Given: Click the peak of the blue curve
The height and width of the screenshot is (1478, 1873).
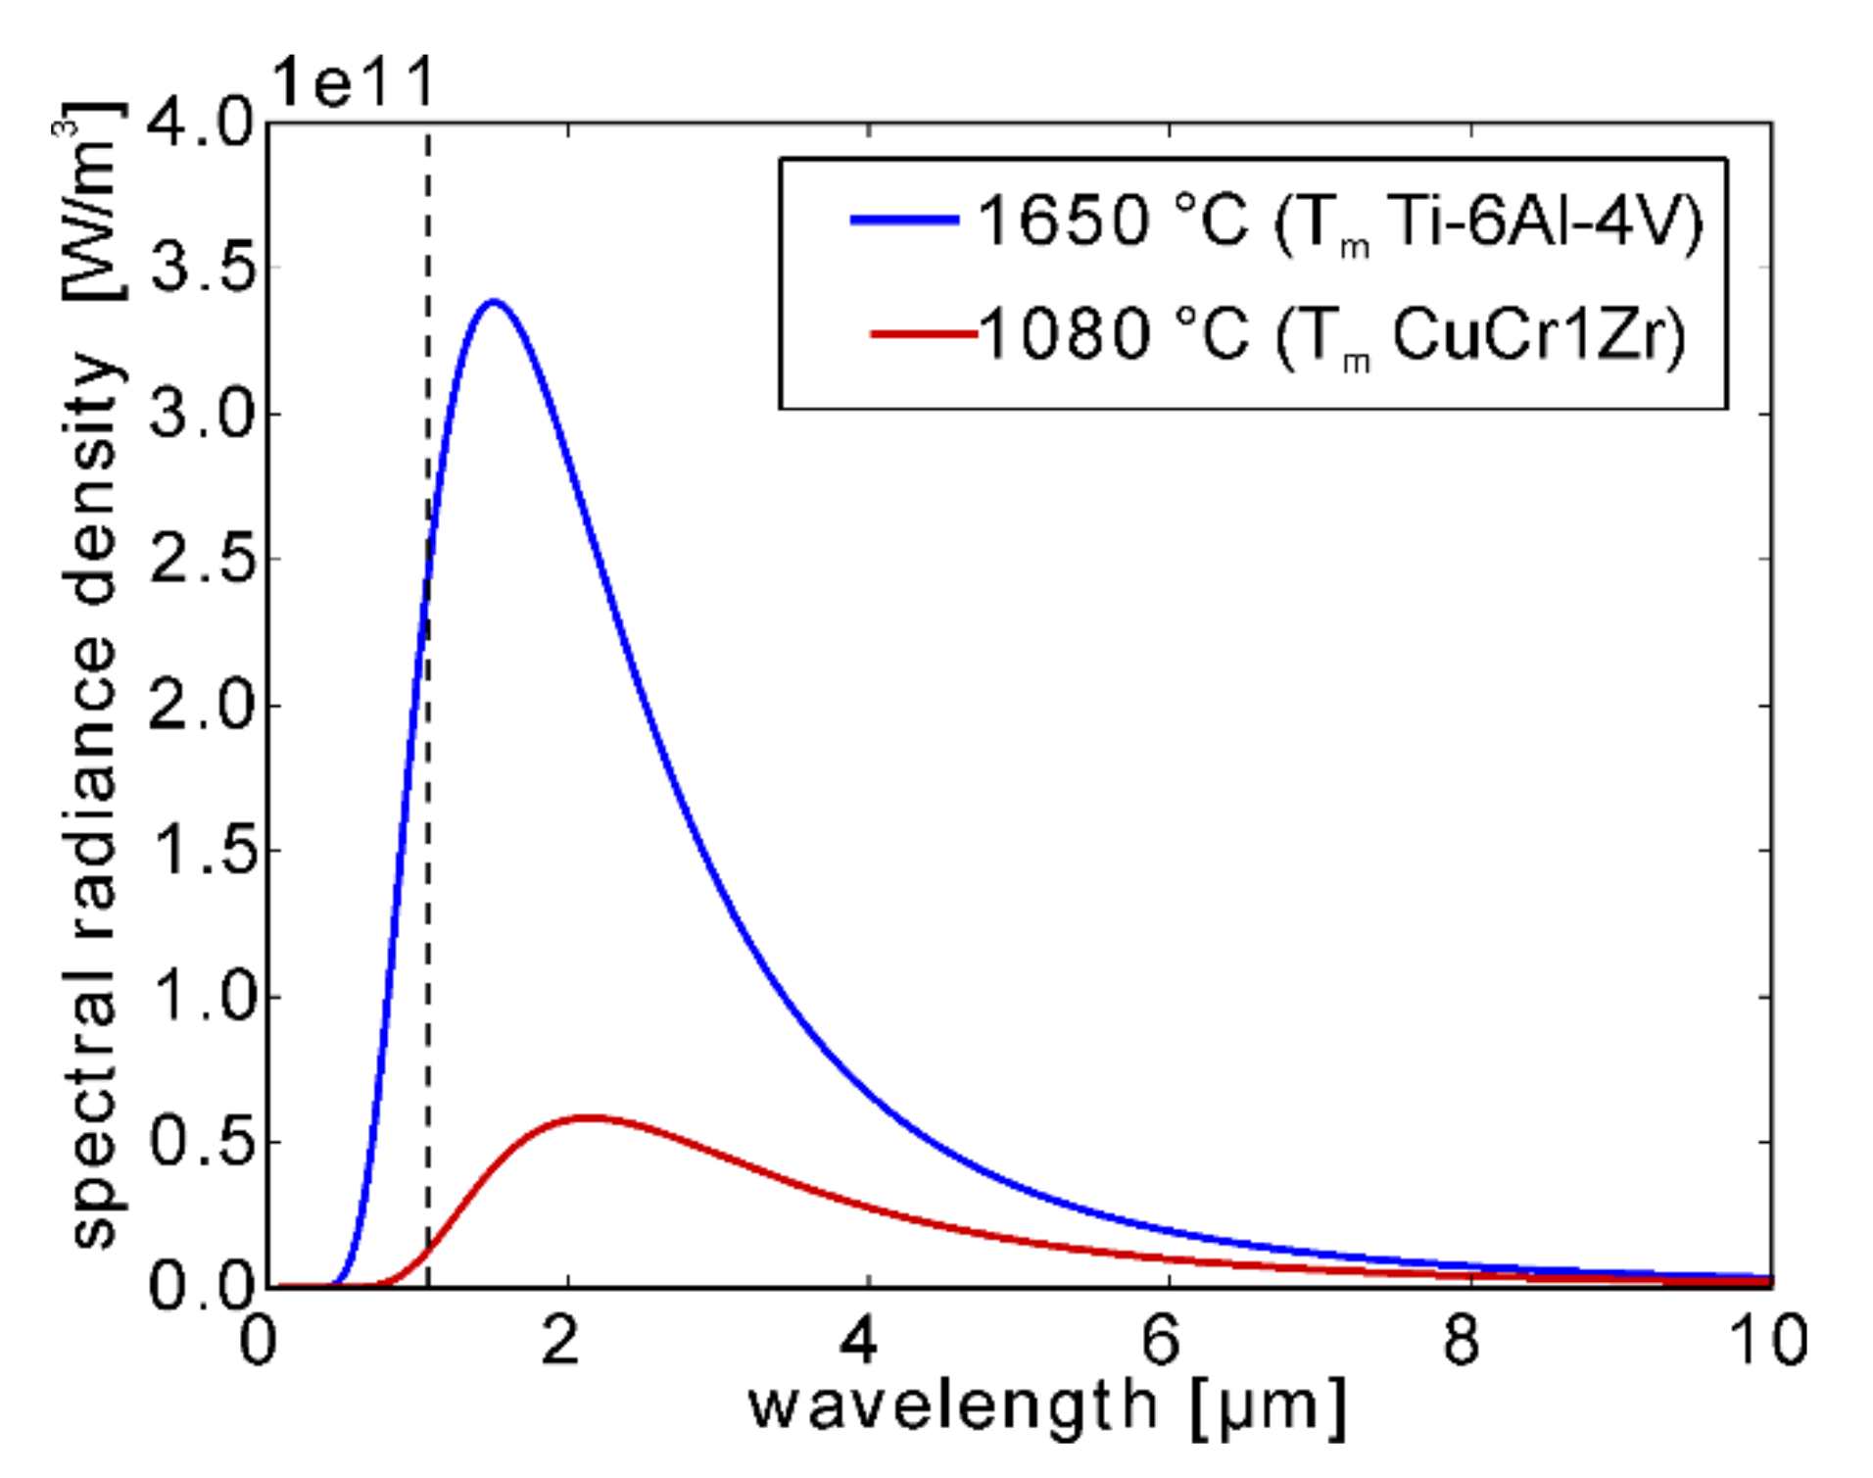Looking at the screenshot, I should [x=494, y=302].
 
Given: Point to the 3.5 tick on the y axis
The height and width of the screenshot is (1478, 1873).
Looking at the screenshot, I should [x=201, y=267].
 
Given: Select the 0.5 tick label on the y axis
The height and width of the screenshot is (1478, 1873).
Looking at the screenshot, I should [x=201, y=1142].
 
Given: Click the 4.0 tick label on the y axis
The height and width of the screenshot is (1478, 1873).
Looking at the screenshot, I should [x=201, y=124].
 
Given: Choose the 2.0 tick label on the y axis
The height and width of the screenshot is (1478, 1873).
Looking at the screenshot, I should [x=201, y=705].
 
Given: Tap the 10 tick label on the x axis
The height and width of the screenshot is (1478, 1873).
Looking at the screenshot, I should [x=1768, y=1341].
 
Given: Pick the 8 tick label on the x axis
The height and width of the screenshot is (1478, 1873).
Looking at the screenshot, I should [x=1461, y=1341].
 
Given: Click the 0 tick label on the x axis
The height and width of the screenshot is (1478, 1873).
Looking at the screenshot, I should [x=258, y=1341].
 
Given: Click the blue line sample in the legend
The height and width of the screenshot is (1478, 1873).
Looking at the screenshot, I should [x=903, y=220].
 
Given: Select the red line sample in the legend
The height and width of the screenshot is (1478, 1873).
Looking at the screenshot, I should [x=923, y=334].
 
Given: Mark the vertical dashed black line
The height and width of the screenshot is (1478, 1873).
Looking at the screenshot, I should [x=428, y=882].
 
